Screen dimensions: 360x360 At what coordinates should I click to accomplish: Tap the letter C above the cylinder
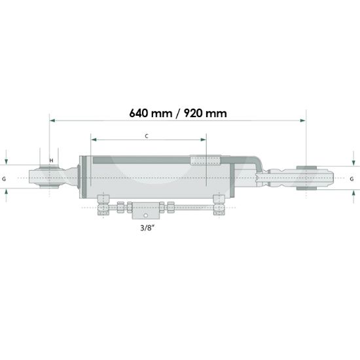[x=147, y=136]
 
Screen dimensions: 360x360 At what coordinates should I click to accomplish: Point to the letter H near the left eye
[x=51, y=160]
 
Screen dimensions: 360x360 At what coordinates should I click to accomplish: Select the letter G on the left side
[x=5, y=178]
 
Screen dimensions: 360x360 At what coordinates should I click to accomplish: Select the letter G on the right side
[x=351, y=178]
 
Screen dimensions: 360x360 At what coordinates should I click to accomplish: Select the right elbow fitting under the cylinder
[x=218, y=204]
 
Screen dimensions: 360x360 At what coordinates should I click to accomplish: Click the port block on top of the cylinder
[x=204, y=160]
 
